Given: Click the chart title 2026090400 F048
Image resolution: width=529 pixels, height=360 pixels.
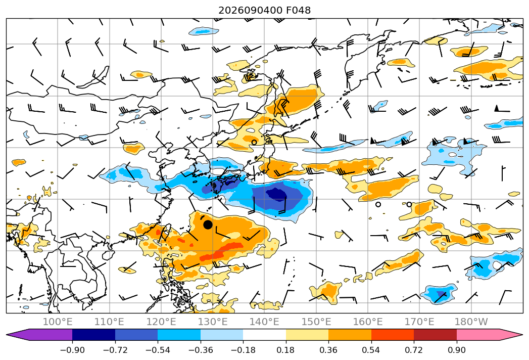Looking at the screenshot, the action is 265,10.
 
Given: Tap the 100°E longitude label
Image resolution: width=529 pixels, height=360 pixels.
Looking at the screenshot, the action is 58,322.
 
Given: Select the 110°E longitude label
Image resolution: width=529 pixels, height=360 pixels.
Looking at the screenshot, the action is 109,322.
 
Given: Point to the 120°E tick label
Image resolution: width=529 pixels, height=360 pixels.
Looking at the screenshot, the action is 161,322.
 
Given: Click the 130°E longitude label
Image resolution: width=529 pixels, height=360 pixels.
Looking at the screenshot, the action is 213,322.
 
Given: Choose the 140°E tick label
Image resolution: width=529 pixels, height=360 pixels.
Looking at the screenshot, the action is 264,322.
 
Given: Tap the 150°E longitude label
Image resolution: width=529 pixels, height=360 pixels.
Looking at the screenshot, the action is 316,322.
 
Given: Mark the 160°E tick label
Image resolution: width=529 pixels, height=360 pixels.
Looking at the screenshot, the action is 368,322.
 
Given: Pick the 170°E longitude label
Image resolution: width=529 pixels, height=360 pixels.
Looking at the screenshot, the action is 419,322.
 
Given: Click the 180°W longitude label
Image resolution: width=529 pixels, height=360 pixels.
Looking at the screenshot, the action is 471,322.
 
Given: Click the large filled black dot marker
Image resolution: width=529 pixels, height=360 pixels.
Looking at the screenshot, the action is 208,224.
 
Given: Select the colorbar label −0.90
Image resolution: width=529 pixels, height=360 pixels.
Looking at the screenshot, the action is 72,350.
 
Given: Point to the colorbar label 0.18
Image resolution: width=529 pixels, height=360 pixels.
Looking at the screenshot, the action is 286,350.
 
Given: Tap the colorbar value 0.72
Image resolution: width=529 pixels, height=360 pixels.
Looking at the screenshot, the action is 414,350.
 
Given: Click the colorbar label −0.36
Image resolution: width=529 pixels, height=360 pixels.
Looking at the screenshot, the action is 201,350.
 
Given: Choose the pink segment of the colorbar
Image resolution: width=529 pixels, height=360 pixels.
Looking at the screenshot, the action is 478,335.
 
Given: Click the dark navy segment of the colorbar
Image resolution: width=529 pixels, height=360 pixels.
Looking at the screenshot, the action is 94,335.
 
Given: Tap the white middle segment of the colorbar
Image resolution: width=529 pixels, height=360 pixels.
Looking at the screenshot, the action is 265,335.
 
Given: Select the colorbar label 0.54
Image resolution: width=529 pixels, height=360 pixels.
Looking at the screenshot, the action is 371,350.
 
